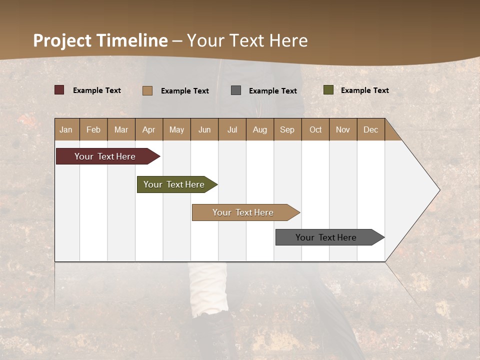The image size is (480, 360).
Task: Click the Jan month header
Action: (x=66, y=129)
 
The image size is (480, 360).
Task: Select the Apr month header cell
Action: (x=149, y=129)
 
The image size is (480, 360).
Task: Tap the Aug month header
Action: (x=260, y=129)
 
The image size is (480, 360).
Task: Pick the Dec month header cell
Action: (x=371, y=129)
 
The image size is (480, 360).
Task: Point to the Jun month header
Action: (x=204, y=129)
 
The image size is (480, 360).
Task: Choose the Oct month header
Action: (x=315, y=129)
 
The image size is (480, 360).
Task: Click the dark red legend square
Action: (x=59, y=90)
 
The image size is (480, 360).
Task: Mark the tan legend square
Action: (x=147, y=90)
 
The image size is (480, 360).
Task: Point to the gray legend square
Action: (x=236, y=90)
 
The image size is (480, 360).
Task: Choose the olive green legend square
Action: (x=328, y=90)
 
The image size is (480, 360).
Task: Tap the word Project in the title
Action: (x=61, y=40)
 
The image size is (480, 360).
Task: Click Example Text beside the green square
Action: (x=364, y=90)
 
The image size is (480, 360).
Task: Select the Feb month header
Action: (x=93, y=129)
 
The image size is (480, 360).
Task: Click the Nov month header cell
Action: (x=343, y=129)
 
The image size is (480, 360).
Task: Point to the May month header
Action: (x=176, y=129)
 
